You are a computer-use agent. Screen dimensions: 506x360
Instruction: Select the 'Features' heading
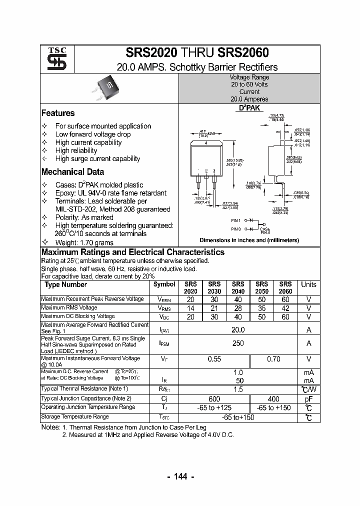pyautogui.click(x=58, y=113)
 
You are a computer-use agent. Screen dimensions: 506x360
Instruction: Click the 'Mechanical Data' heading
pyautogui.click(x=72, y=172)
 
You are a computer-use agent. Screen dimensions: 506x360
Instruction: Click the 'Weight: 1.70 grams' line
pyautogui.click(x=84, y=242)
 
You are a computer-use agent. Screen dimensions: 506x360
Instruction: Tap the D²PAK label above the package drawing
pyautogui.click(x=249, y=108)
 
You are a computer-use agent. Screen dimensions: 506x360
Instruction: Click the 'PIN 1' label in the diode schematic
pyautogui.click(x=236, y=220)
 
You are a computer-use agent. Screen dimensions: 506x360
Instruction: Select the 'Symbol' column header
pyautogui.click(x=164, y=284)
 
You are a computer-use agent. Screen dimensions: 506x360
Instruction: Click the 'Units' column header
pyautogui.click(x=308, y=284)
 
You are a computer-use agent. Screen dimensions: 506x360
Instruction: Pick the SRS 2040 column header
pyautogui.click(x=238, y=287)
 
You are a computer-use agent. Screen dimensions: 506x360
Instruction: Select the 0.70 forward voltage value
pyautogui.click(x=273, y=359)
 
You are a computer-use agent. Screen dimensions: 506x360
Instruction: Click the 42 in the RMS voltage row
pyautogui.click(x=285, y=308)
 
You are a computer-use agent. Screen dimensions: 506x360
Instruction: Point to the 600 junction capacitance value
pyautogui.click(x=214, y=398)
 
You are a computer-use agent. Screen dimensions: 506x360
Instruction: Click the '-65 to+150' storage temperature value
pyautogui.click(x=238, y=416)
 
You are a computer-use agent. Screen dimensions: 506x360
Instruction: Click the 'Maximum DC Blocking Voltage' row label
pyautogui.click(x=78, y=316)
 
